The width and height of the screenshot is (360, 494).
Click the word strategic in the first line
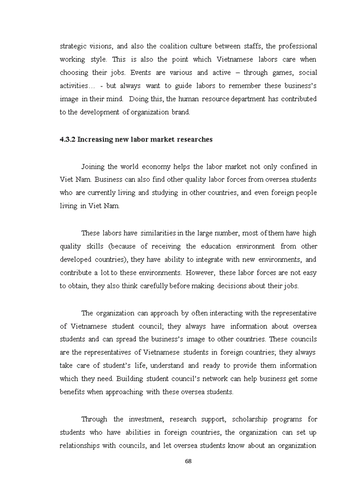click(x=73, y=46)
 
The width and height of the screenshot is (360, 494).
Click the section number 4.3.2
click(x=67, y=139)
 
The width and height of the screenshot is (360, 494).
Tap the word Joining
click(x=93, y=166)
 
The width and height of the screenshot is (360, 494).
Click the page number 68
click(x=188, y=461)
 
